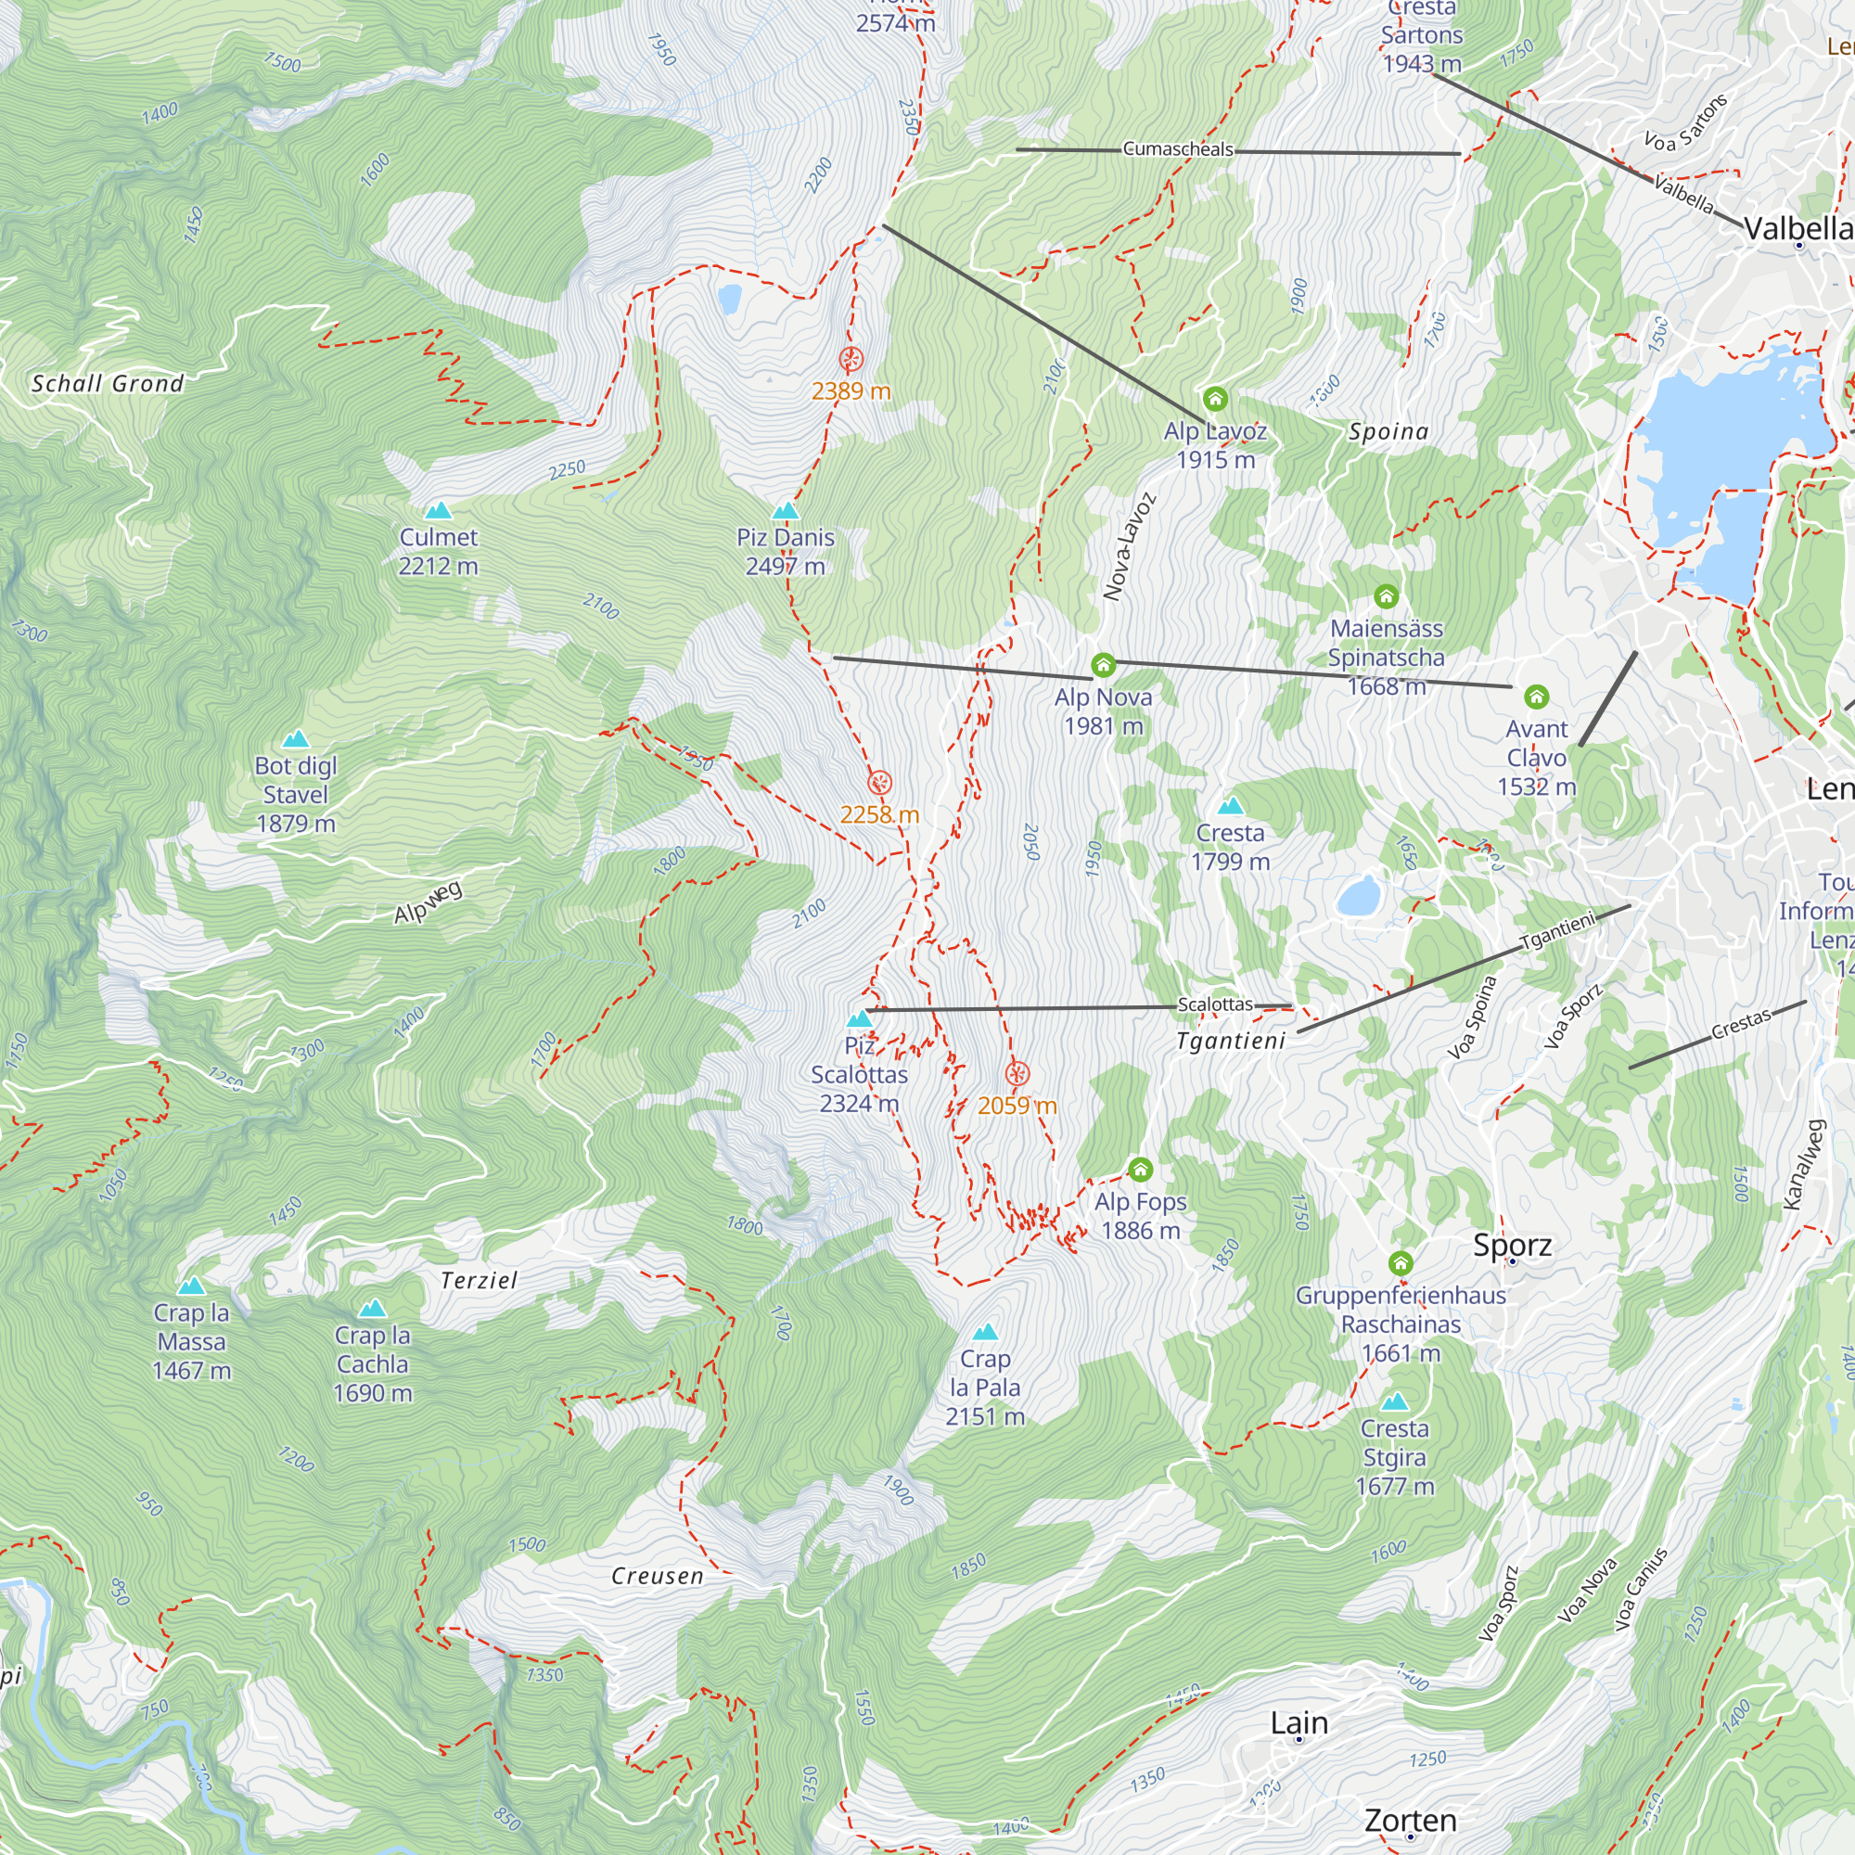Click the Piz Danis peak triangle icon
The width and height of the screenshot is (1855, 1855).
pyautogui.click(x=786, y=511)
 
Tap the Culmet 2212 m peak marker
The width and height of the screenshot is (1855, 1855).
pyautogui.click(x=438, y=510)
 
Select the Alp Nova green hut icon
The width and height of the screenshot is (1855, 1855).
pyautogui.click(x=1103, y=664)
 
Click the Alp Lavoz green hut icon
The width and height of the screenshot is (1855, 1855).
pyautogui.click(x=1216, y=399)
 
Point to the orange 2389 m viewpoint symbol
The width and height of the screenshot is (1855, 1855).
pyautogui.click(x=851, y=360)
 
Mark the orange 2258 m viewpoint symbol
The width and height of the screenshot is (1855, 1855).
pyautogui.click(x=879, y=783)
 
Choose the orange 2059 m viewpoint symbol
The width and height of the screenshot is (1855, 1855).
pyautogui.click(x=1017, y=1073)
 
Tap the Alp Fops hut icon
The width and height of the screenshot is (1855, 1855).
pyautogui.click(x=1140, y=1170)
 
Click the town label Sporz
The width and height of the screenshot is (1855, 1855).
pyautogui.click(x=1512, y=1246)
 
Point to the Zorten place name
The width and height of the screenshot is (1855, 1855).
pyautogui.click(x=1410, y=1820)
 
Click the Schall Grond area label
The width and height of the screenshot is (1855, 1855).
pyautogui.click(x=108, y=384)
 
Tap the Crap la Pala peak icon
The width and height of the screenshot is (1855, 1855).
pyautogui.click(x=985, y=1333)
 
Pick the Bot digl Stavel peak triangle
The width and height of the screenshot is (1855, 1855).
pyautogui.click(x=296, y=739)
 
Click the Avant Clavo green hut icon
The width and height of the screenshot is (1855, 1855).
pyautogui.click(x=1536, y=697)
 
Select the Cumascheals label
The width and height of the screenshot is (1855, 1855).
pyautogui.click(x=1177, y=148)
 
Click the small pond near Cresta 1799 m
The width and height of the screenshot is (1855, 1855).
pyautogui.click(x=1359, y=897)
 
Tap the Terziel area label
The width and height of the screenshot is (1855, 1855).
pyautogui.click(x=480, y=1280)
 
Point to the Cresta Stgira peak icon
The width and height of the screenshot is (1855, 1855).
pyautogui.click(x=1395, y=1401)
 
